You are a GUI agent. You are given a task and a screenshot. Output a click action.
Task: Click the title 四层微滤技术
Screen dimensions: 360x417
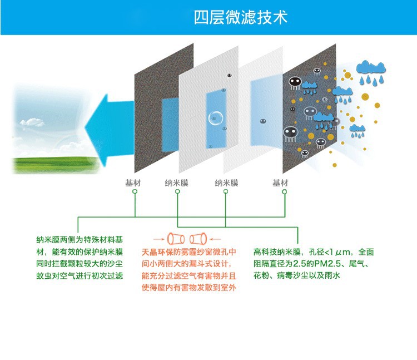(x=240, y=17)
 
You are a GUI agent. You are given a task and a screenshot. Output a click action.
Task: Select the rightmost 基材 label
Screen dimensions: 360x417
(x=280, y=183)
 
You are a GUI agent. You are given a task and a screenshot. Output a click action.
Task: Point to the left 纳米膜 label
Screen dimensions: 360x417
(x=176, y=183)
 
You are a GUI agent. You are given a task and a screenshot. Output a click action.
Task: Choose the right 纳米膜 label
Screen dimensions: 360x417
(x=226, y=183)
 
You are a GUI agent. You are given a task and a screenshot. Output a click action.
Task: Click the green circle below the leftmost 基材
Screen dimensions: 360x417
(x=135, y=191)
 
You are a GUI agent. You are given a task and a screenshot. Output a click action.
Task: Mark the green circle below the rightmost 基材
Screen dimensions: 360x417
(x=284, y=191)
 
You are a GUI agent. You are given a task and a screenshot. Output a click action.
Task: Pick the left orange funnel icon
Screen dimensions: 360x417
(x=176, y=239)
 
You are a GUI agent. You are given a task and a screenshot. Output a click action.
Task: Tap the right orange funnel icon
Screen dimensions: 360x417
(x=198, y=239)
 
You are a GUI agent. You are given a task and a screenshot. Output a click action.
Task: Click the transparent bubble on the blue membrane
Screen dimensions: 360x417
(x=216, y=118)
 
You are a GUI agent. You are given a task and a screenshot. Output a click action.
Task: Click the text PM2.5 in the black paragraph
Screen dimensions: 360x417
(x=330, y=263)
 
